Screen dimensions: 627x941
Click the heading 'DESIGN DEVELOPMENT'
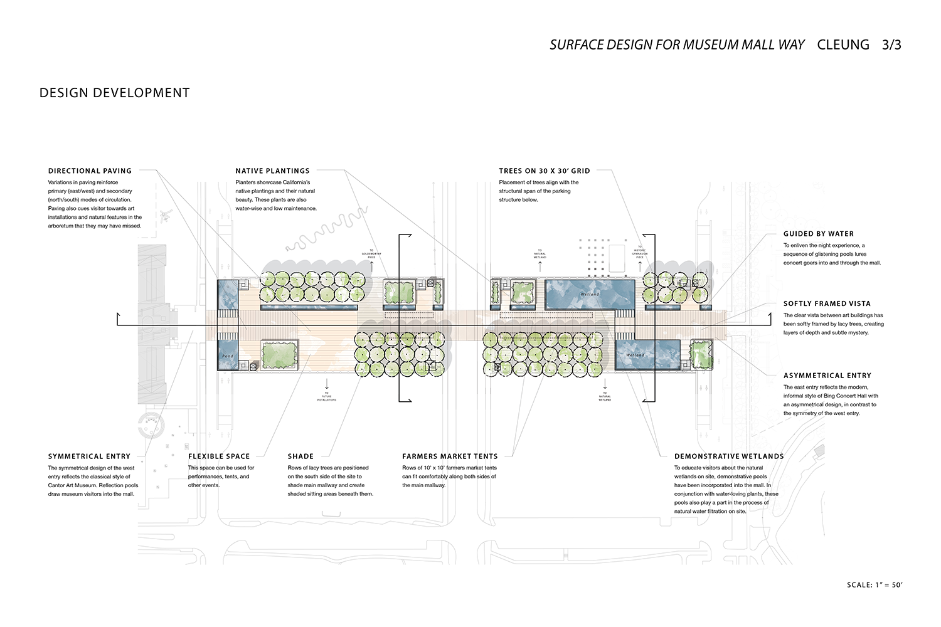114,93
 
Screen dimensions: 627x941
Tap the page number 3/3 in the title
891,45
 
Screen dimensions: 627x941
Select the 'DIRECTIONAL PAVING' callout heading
90,171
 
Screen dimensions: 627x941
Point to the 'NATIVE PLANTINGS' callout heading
272,171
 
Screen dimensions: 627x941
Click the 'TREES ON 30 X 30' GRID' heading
544,171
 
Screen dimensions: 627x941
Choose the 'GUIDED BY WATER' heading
818,234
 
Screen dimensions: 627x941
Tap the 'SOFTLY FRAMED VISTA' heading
827,303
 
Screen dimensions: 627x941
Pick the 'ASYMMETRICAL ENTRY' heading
827,376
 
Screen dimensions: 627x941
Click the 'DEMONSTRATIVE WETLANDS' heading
728,456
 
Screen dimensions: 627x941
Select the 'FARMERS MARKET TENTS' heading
449,456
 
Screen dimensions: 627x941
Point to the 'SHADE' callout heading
300,456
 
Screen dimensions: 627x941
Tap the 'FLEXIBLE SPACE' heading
219,456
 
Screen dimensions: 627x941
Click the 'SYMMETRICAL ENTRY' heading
89,456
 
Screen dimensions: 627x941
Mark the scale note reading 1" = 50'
874,585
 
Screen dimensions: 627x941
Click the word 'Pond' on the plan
227,356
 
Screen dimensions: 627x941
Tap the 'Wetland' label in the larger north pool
590,294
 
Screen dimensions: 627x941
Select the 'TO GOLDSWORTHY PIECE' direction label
371,255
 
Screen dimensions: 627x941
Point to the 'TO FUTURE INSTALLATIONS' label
326,396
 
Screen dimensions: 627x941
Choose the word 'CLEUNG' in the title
843,45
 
